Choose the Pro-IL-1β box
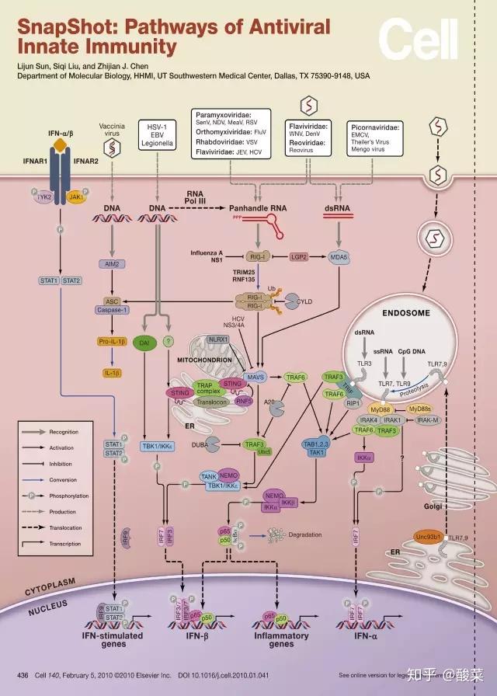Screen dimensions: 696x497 [x=113, y=340]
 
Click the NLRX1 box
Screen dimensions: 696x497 [x=218, y=339]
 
